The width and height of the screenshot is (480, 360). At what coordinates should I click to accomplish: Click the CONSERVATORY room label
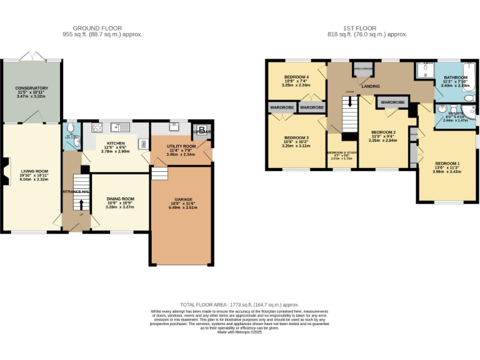pos(32,88)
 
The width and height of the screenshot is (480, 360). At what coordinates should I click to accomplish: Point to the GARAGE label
pos(182,199)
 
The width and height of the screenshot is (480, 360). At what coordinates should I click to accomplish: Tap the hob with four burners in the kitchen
pos(97,128)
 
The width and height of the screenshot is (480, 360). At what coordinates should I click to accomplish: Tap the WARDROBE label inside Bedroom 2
pos(392,102)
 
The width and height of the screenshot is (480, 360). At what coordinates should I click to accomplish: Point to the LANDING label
pos(371,86)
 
